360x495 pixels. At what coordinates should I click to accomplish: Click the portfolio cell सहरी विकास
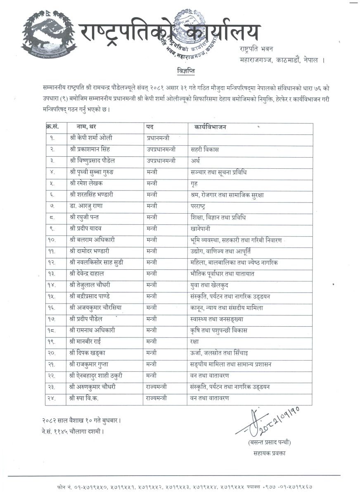pyautogui.click(x=205, y=149)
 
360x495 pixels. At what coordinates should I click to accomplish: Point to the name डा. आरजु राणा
pyautogui.click(x=87, y=205)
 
